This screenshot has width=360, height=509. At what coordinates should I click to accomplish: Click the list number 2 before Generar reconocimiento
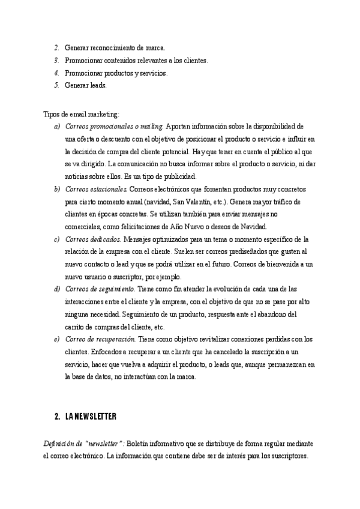pyautogui.click(x=56, y=47)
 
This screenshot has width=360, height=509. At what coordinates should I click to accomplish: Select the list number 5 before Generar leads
pyautogui.click(x=56, y=85)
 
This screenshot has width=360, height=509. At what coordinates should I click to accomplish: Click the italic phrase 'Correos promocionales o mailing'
pyautogui.click(x=113, y=127)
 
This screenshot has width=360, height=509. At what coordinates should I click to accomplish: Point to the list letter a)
pyautogui.click(x=57, y=127)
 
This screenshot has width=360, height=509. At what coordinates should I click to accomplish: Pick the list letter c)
pyautogui.click(x=57, y=239)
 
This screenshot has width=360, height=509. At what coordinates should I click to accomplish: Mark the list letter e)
pyautogui.click(x=57, y=340)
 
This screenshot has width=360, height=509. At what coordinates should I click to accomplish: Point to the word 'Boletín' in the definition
pyautogui.click(x=139, y=443)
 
